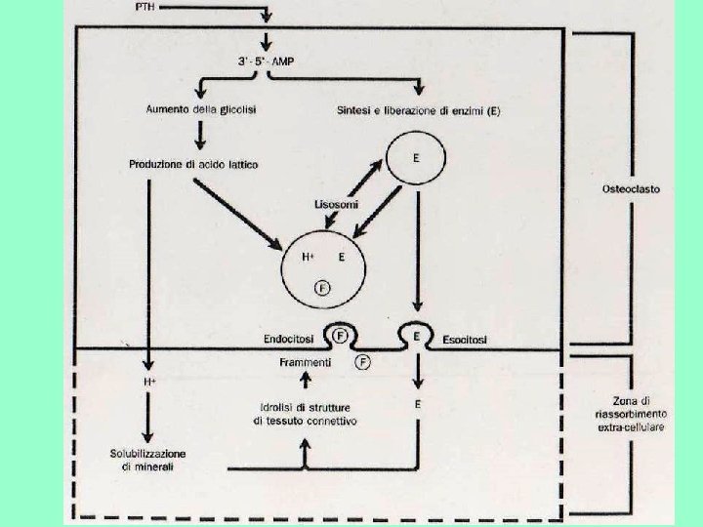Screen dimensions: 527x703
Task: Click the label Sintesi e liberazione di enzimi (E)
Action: click(x=418, y=110)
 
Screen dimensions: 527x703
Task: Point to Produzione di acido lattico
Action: click(x=194, y=164)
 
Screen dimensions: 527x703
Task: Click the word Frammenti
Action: click(x=305, y=362)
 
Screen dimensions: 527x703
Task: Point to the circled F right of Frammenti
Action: click(x=363, y=361)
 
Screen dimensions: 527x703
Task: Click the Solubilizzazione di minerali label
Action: click(x=148, y=461)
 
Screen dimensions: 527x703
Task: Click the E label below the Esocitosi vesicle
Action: click(x=418, y=402)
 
